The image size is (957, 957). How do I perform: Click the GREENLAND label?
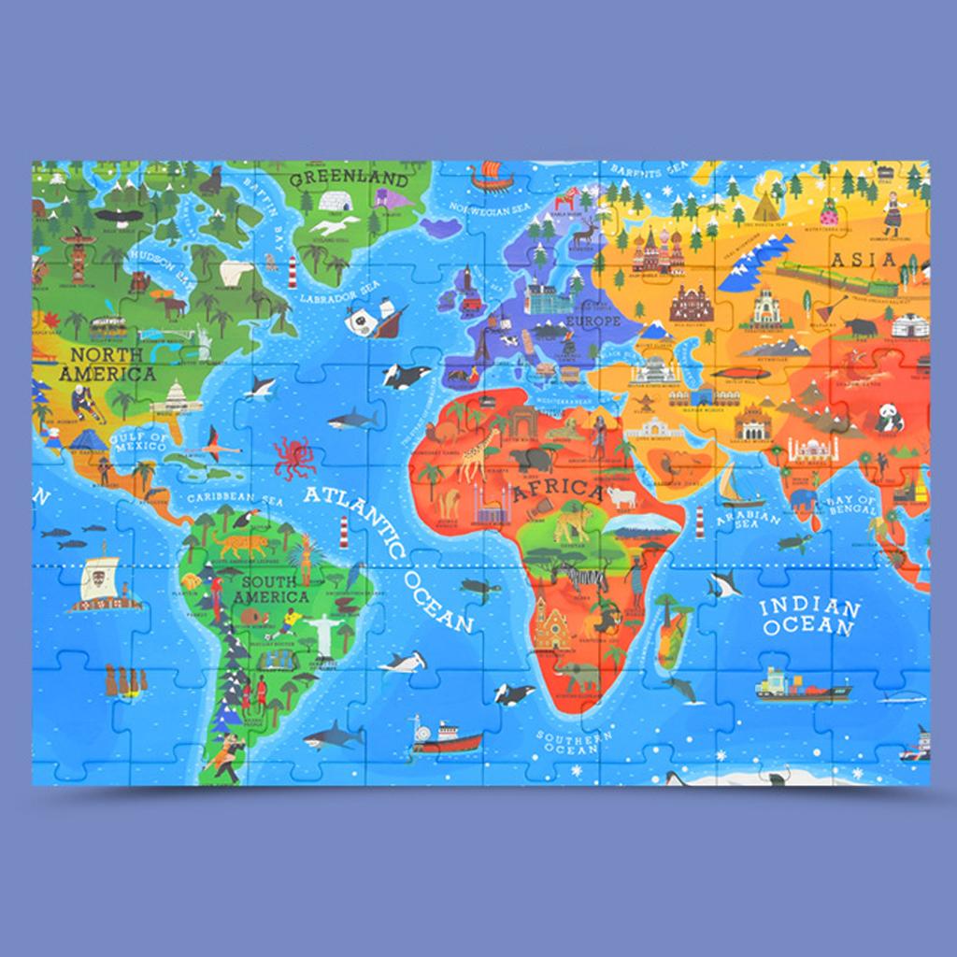[x=349, y=179]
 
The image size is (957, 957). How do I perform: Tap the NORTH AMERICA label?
[x=107, y=364]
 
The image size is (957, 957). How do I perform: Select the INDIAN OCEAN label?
[x=809, y=618]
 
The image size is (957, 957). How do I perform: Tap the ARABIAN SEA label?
[x=748, y=522]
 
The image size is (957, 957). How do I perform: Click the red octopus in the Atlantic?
[x=294, y=457]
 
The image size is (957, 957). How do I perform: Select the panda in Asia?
[x=890, y=418]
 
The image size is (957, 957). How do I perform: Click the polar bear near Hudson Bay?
[x=236, y=273]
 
